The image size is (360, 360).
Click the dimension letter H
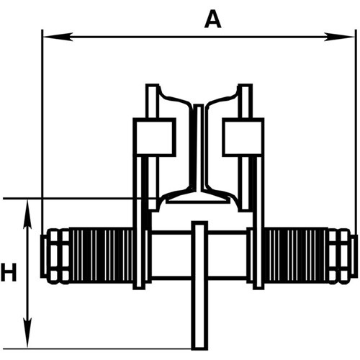[9, 273]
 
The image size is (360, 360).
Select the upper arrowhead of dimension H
[27, 205]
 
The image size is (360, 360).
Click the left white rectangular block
[155, 137]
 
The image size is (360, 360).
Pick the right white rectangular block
[242, 137]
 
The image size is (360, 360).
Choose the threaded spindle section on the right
[297, 256]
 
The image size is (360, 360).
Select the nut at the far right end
[343, 256]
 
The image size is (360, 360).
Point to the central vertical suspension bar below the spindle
[199, 317]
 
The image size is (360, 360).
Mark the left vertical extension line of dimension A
[42, 130]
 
